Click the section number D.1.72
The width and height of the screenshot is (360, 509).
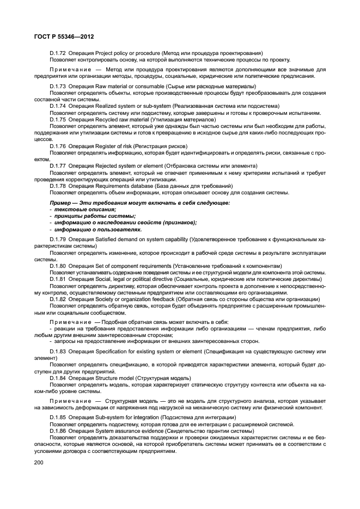tap(58, 52)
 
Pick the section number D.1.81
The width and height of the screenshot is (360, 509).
tap(58, 279)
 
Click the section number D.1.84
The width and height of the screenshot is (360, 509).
tap(58, 378)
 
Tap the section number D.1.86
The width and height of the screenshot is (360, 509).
tap(58, 430)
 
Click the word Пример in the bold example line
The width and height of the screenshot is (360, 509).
tap(61, 203)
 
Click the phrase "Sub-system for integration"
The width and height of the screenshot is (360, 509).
tap(127, 417)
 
